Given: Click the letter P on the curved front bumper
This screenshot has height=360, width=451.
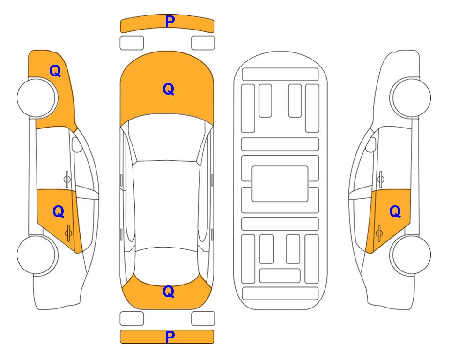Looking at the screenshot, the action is point(170,22).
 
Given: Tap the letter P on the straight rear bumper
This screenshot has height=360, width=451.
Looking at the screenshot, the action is point(170,337).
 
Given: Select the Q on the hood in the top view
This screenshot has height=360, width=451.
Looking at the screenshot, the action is point(169,89).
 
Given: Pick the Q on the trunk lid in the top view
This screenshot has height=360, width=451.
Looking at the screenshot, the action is point(169,292).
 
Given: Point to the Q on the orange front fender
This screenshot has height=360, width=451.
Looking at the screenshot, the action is point(55,71).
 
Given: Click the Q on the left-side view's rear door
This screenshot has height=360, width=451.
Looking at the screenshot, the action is point(59,212).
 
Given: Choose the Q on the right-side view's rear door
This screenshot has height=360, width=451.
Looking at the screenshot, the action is point(395,212).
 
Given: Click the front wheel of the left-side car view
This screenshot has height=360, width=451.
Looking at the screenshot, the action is point(37,98).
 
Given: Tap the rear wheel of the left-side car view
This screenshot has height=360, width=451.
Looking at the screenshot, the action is point(37,255).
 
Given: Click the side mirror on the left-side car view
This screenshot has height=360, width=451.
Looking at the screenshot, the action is point(77,144).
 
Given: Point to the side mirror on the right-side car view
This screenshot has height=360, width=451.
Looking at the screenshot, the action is point(370,144).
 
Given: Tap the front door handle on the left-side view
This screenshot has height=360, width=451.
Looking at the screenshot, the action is point(67,179).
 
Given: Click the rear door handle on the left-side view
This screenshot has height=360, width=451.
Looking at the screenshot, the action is point(68,232).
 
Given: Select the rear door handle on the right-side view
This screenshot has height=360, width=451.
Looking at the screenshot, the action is point(379,232).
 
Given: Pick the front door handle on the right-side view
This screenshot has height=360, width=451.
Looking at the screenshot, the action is point(380,179).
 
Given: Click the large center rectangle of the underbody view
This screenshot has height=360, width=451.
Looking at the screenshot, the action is point(280,184).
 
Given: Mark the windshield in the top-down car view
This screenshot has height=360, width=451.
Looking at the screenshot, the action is point(167,138).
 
